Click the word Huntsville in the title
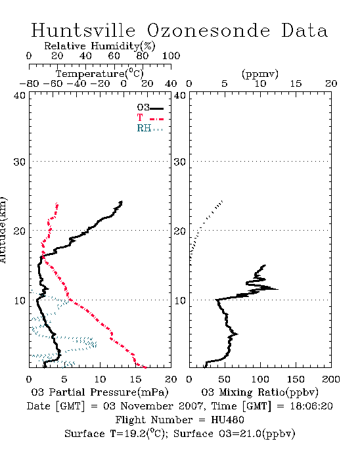click(83, 30)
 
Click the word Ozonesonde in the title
click(208, 30)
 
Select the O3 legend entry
click(150, 108)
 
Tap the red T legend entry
click(150, 118)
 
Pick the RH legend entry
click(150, 128)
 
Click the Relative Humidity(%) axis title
click(100, 46)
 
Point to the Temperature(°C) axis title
click(100, 74)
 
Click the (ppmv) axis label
click(260, 74)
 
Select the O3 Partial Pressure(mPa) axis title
click(100, 392)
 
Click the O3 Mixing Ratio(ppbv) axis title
click(259, 392)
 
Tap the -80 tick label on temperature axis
click(29, 84)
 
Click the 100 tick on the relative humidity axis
click(171, 56)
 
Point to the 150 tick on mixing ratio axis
click(296, 379)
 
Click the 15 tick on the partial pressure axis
click(135, 379)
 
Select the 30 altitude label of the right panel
click(180, 162)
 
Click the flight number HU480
click(227, 420)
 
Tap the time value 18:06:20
click(311, 406)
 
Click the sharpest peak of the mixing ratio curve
click(278, 289)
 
